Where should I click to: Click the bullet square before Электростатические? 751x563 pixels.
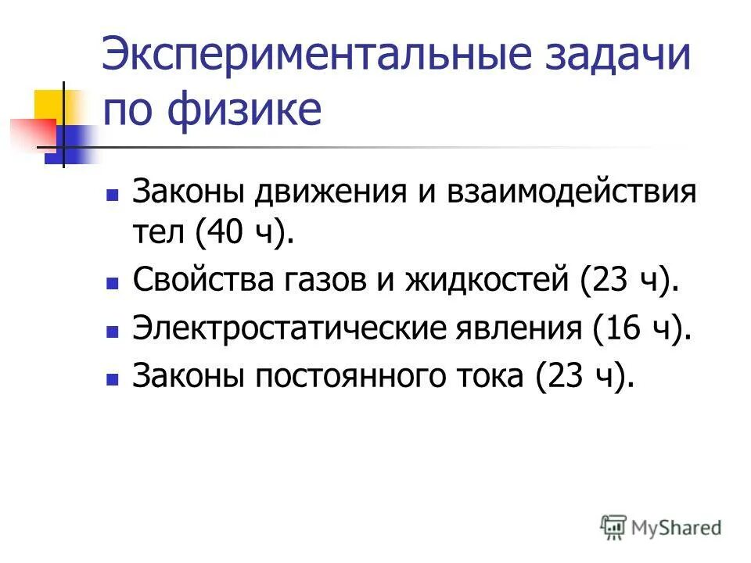112,332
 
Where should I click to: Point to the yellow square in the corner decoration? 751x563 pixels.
49,103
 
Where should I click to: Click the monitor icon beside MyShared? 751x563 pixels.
614,526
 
